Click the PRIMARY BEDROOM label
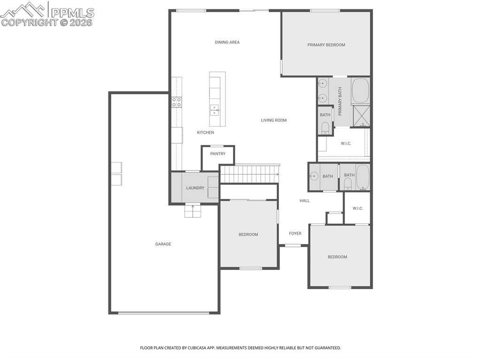point(326,45)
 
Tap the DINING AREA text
point(227,42)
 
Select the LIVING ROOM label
point(273,121)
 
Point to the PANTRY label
point(218,154)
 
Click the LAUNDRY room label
point(195,188)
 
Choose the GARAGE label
point(163,244)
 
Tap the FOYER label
point(295,234)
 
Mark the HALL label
point(305,201)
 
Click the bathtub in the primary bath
point(361,91)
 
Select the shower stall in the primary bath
point(361,116)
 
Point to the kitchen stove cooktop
point(177,102)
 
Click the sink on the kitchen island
point(215,110)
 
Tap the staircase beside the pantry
point(249,174)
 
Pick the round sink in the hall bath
point(314,176)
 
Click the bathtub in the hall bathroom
point(363,177)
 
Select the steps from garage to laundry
point(193,212)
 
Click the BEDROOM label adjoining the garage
point(248,235)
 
